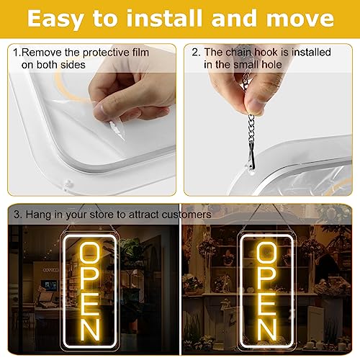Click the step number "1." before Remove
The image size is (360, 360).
pos(17,53)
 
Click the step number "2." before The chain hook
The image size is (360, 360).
pos(196,53)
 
